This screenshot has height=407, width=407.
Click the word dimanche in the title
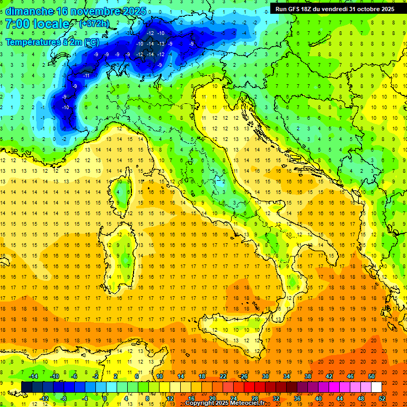29,11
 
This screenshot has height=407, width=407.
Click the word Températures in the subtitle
32,41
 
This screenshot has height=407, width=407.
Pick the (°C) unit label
91,41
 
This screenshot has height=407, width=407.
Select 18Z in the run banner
311,9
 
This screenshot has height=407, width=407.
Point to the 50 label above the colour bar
371,376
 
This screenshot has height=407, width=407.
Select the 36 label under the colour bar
297,399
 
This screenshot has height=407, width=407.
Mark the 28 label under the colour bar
255,399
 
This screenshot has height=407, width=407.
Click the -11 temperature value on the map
86,76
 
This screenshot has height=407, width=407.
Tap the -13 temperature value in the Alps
150,43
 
